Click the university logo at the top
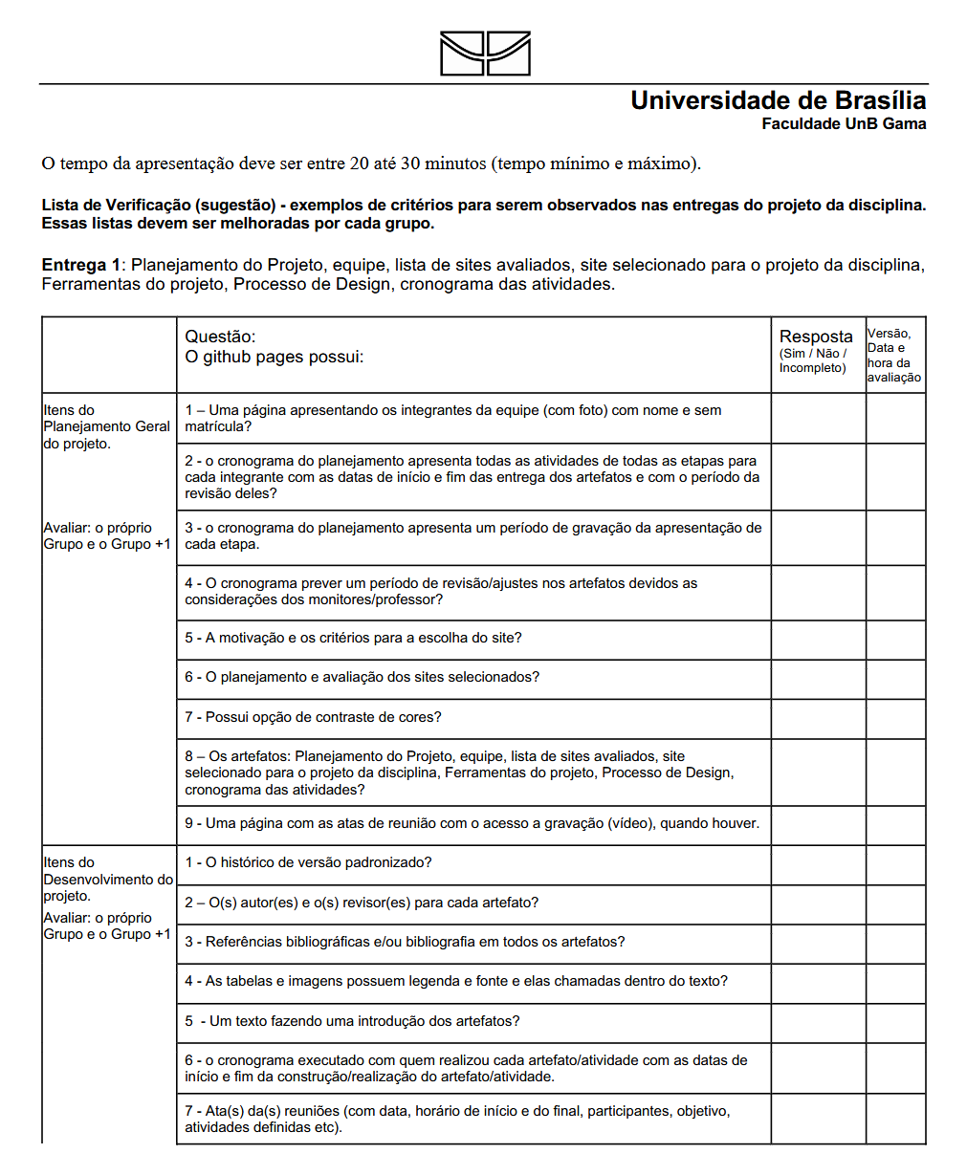click(x=485, y=54)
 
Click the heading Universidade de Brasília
click(x=778, y=100)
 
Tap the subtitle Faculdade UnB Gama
click(x=844, y=123)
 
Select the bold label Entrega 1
click(x=81, y=265)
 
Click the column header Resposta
click(x=816, y=337)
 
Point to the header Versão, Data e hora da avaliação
click(x=894, y=356)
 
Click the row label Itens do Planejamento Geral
click(x=106, y=426)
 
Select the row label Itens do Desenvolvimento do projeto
click(x=108, y=879)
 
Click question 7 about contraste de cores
click(x=313, y=717)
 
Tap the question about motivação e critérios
click(x=353, y=638)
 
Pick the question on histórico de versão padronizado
click(x=308, y=862)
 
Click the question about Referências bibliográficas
click(x=405, y=942)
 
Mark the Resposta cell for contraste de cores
click(x=818, y=718)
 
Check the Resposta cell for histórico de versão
click(x=818, y=864)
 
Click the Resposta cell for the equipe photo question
click(x=818, y=419)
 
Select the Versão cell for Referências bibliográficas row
click(x=895, y=943)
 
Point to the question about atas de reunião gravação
click(x=472, y=823)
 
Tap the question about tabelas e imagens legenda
click(x=456, y=981)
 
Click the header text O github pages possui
click(x=274, y=357)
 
